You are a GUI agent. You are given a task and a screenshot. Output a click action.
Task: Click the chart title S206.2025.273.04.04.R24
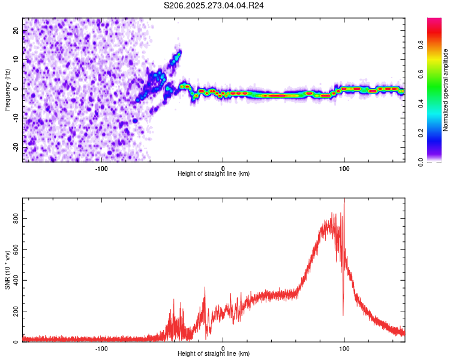(x=214, y=5)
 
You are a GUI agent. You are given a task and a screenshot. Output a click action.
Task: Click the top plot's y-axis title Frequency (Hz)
(x=7, y=90)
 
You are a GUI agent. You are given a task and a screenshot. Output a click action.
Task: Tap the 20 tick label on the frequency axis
(x=16, y=32)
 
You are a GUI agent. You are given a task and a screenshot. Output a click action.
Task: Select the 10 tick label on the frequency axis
(x=16, y=61)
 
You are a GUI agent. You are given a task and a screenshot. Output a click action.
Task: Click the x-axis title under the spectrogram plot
(x=214, y=174)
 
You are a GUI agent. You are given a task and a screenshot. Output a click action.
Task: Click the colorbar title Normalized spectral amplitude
(x=446, y=91)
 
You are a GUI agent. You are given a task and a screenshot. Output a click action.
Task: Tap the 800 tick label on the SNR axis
(x=16, y=220)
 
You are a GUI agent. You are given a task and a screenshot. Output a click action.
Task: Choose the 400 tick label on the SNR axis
(x=16, y=281)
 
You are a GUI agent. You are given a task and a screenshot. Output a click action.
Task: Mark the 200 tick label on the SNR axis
(x=16, y=311)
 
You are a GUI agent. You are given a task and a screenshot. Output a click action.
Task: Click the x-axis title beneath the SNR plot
(x=214, y=354)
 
